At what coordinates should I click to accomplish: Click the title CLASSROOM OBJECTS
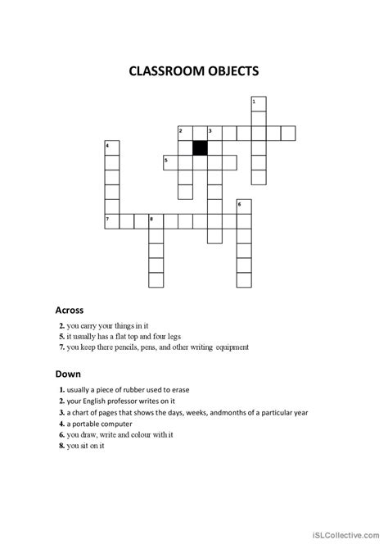194,71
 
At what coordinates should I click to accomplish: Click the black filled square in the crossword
199,147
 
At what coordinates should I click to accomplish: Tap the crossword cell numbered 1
258,103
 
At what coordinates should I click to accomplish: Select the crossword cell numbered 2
184,133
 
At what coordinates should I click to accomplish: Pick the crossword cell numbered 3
214,133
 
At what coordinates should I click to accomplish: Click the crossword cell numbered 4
111,147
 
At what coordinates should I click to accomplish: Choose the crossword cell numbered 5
170,162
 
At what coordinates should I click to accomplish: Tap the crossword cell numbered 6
243,206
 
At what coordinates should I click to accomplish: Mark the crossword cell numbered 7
111,221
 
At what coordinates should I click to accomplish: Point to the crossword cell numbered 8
156,221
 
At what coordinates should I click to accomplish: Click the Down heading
67,374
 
